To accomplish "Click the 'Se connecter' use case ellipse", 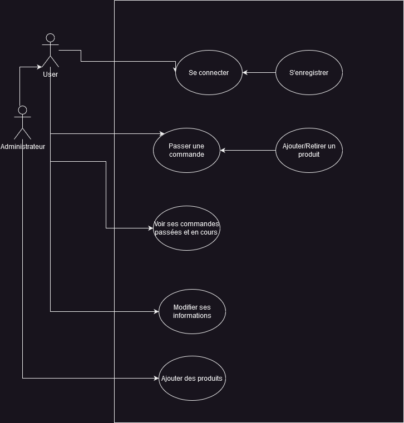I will pyautogui.click(x=209, y=72).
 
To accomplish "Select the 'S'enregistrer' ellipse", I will pyautogui.click(x=309, y=72).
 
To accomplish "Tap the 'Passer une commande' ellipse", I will pyautogui.click(x=186, y=150).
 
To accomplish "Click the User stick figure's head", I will pyautogui.click(x=50, y=38).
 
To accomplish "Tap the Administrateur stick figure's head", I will pyautogui.click(x=22, y=110).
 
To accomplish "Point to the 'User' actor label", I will pyautogui.click(x=50, y=74).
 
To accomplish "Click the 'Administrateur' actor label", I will pyautogui.click(x=23, y=147).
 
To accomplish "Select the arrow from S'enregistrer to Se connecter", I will pyautogui.click(x=259, y=72).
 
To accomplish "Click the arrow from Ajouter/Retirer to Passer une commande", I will pyautogui.click(x=248, y=150).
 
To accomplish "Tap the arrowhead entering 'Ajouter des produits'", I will pyautogui.click(x=156, y=378).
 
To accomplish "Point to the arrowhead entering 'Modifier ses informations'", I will pyautogui.click(x=156, y=311).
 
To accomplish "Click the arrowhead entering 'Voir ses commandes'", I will pyautogui.click(x=151, y=228).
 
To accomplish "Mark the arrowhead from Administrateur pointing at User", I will pyautogui.click(x=39, y=67).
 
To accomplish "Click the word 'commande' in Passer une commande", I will pyautogui.click(x=186, y=155).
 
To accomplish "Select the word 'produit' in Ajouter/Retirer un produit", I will pyautogui.click(x=309, y=155).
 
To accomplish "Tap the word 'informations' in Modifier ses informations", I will pyautogui.click(x=192, y=316).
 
